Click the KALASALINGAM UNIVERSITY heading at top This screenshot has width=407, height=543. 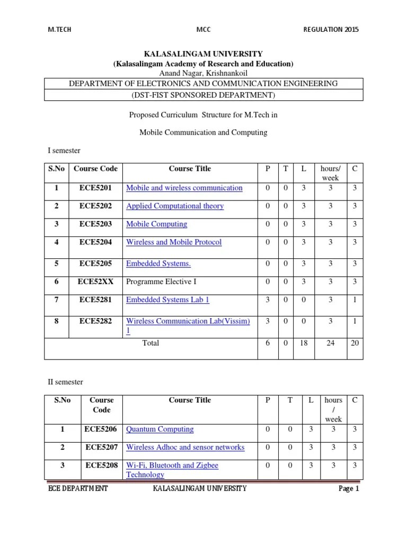(x=203, y=54)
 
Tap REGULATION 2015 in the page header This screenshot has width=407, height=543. (x=331, y=30)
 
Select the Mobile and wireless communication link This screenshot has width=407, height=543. (x=184, y=188)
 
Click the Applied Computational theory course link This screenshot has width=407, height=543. (x=175, y=206)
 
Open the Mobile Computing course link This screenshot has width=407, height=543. (x=156, y=224)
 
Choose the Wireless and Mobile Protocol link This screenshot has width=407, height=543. (x=174, y=242)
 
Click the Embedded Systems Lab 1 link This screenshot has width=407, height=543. (x=167, y=300)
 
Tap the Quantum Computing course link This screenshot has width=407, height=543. (x=160, y=429)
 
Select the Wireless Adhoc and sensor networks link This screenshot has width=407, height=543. (x=185, y=447)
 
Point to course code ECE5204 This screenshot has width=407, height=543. (x=95, y=242)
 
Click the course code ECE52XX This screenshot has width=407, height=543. (x=95, y=282)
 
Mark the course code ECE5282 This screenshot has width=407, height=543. (x=95, y=321)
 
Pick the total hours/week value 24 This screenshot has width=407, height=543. (x=330, y=343)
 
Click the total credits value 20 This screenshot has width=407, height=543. (x=355, y=343)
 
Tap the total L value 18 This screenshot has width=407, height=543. (x=303, y=343)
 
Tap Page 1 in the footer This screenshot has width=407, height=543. (x=349, y=488)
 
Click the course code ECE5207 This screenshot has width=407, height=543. (x=102, y=447)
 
